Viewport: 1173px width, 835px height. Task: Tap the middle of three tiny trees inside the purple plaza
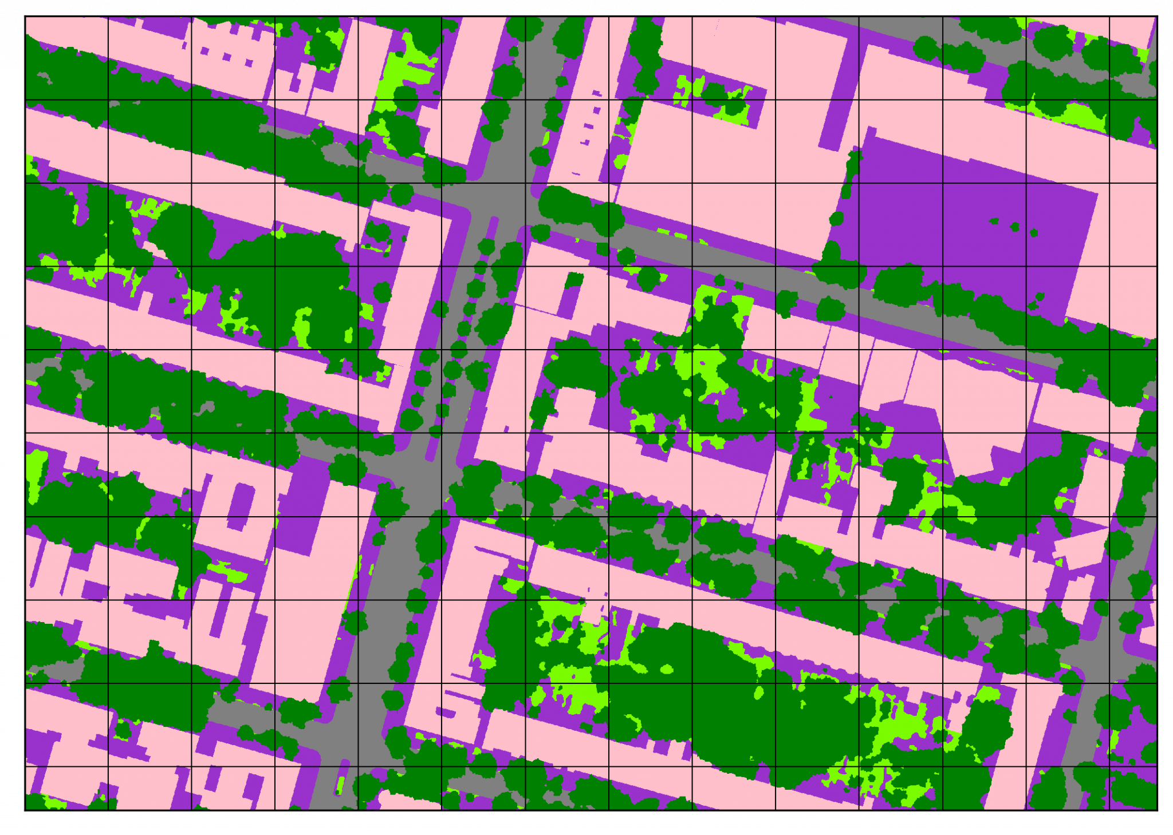click(1014, 227)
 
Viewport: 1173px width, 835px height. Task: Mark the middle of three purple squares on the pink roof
click(227, 57)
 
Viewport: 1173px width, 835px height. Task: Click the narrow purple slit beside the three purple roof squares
click(184, 46)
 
